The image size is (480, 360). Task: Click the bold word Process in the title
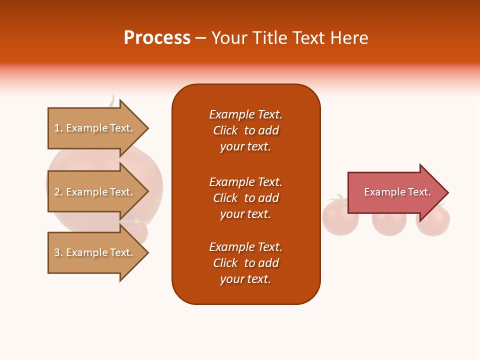(x=157, y=38)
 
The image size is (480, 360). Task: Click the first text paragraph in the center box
(x=245, y=130)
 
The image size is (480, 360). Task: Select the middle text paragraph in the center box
(x=245, y=198)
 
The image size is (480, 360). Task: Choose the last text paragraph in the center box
(x=245, y=263)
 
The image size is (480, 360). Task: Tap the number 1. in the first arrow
(x=58, y=128)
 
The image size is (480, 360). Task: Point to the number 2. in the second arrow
(x=58, y=192)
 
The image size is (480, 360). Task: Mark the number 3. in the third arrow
(x=58, y=252)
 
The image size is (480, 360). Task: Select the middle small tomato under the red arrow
(x=389, y=224)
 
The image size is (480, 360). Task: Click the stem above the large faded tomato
(x=112, y=101)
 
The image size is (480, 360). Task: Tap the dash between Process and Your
(x=200, y=38)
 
